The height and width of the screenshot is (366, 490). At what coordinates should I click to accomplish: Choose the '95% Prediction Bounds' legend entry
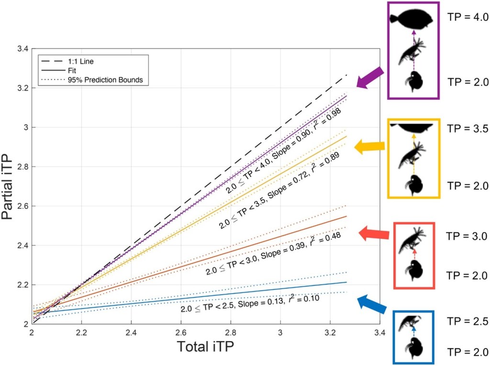(x=111, y=80)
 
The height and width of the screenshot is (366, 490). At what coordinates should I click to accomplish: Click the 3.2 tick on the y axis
(x=23, y=88)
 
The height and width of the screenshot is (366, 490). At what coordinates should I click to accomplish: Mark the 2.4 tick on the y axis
(x=23, y=246)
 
